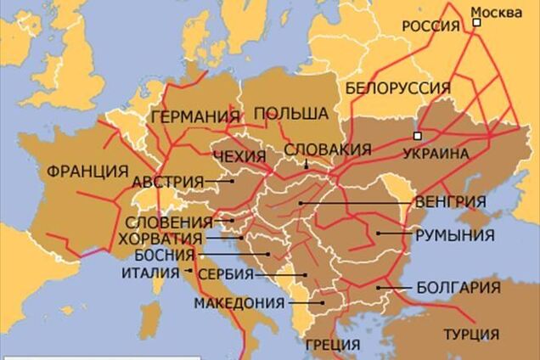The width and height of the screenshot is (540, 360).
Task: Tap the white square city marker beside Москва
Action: pyautogui.click(x=477, y=24)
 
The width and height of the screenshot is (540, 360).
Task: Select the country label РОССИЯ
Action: pyautogui.click(x=430, y=26)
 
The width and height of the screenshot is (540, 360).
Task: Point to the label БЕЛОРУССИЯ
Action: pyautogui.click(x=397, y=88)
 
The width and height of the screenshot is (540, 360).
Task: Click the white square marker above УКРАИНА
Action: pyautogui.click(x=417, y=136)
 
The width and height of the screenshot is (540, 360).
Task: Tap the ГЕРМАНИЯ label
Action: pyautogui.click(x=194, y=117)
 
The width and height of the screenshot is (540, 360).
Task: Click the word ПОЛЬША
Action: pyautogui.click(x=291, y=113)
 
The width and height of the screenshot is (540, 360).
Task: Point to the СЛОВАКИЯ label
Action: pyautogui.click(x=327, y=149)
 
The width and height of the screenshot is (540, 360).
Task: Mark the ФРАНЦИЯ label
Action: pyautogui.click(x=87, y=170)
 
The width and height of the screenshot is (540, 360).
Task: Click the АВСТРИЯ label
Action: pyautogui.click(x=167, y=181)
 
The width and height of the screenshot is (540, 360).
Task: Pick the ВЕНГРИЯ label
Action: pyautogui.click(x=451, y=202)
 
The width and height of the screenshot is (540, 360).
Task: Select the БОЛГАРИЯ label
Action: pyautogui.click(x=458, y=288)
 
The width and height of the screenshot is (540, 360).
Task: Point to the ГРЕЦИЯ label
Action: pyautogui.click(x=332, y=344)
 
